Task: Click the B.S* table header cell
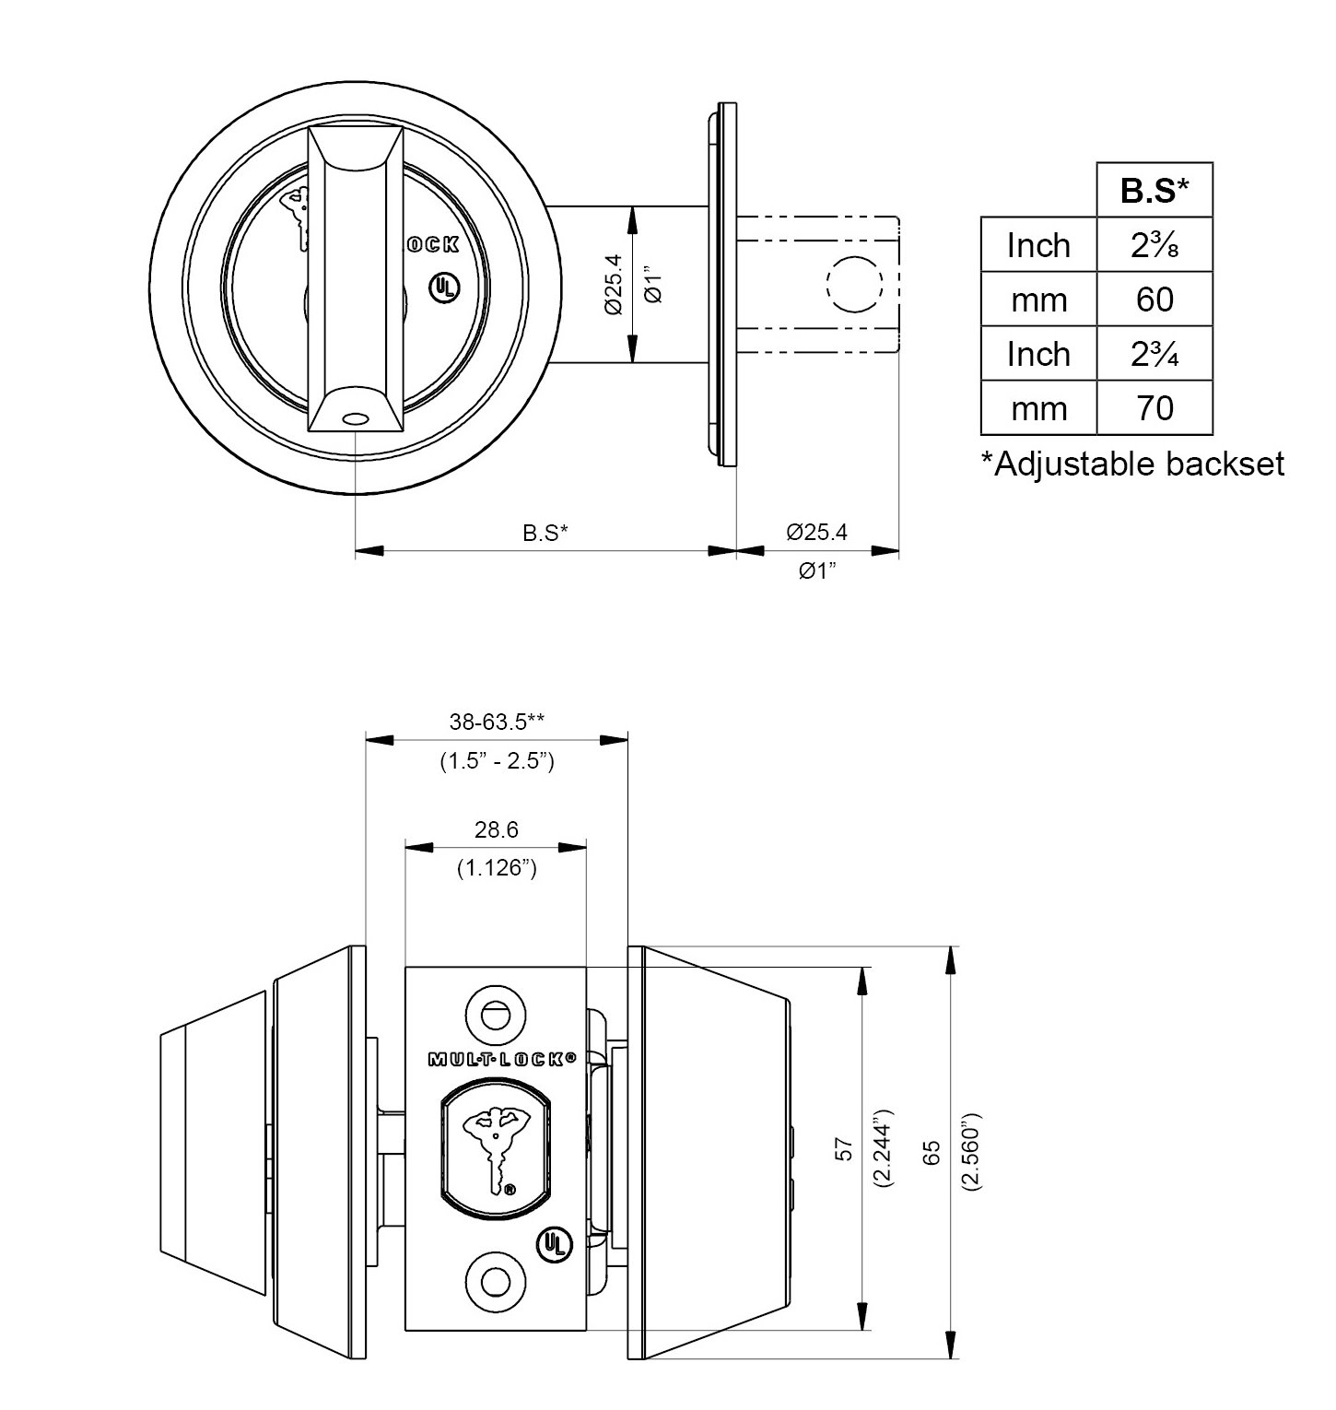click(x=1154, y=191)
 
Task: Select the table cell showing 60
click(x=1154, y=300)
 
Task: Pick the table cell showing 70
click(x=1154, y=407)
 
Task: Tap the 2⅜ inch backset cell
click(x=1154, y=245)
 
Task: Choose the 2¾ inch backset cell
click(x=1154, y=354)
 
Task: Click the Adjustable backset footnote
click(x=1132, y=464)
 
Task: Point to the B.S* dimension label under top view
click(x=545, y=533)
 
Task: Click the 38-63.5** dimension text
click(x=497, y=723)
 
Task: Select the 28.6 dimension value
click(x=497, y=830)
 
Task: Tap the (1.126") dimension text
click(x=497, y=868)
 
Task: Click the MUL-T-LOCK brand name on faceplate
click(x=502, y=1060)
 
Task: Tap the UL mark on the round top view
click(x=443, y=287)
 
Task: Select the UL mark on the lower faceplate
click(x=554, y=1244)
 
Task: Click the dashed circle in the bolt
click(x=856, y=282)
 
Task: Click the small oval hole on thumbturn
click(x=352, y=418)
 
